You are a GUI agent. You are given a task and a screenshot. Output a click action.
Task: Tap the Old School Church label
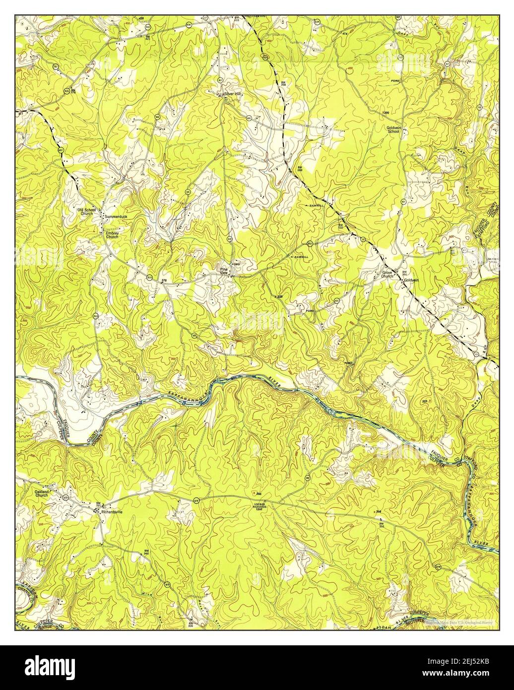pos(86,212)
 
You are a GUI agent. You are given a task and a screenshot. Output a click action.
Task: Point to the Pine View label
pos(224,272)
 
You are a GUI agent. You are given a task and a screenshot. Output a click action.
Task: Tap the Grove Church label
pos(387,275)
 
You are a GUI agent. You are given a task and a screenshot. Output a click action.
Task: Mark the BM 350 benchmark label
pos(382,525)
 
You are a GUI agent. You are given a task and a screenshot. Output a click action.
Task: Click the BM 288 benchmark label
pos(300,169)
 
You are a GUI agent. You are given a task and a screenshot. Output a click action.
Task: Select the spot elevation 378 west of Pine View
pos(164,281)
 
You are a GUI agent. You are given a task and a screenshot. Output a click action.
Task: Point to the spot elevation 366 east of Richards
pos(378,511)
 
